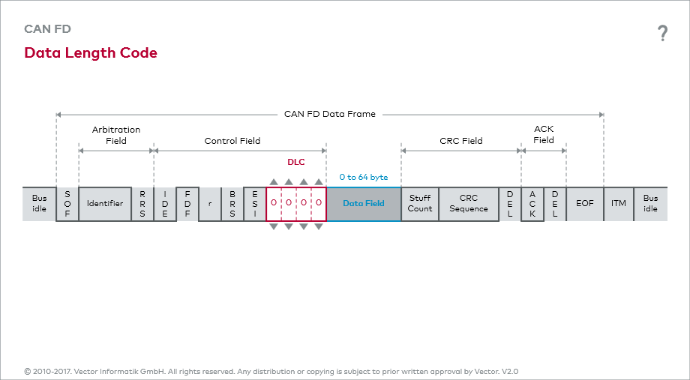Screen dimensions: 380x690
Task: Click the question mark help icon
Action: pyautogui.click(x=662, y=33)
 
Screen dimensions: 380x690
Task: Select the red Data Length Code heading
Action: pyautogui.click(x=91, y=53)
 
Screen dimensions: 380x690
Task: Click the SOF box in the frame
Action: pyautogui.click(x=67, y=204)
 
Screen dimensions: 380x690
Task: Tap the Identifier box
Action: pyautogui.click(x=105, y=204)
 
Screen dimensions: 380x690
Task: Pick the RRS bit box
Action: pyautogui.click(x=142, y=204)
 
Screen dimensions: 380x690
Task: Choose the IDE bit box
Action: pyautogui.click(x=165, y=204)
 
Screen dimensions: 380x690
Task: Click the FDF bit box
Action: pyautogui.click(x=187, y=204)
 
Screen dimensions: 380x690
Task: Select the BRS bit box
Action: pyautogui.click(x=232, y=204)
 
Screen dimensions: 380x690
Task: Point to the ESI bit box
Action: pyautogui.click(x=255, y=204)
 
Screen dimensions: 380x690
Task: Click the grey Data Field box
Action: pyautogui.click(x=364, y=204)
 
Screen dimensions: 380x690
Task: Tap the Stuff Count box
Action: pyautogui.click(x=420, y=204)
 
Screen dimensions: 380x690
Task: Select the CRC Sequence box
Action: pyautogui.click(x=469, y=204)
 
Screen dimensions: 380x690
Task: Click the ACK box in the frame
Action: pyautogui.click(x=532, y=204)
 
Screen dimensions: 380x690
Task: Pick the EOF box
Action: pyautogui.click(x=585, y=204)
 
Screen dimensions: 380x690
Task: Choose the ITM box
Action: pyautogui.click(x=619, y=204)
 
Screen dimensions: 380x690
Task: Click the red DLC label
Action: pyautogui.click(x=296, y=162)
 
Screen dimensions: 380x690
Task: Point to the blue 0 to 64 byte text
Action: pyautogui.click(x=364, y=178)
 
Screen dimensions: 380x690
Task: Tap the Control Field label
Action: pyautogui.click(x=232, y=141)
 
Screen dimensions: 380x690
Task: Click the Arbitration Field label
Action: pyautogui.click(x=116, y=135)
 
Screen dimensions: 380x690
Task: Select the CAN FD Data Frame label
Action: pyautogui.click(x=330, y=115)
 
